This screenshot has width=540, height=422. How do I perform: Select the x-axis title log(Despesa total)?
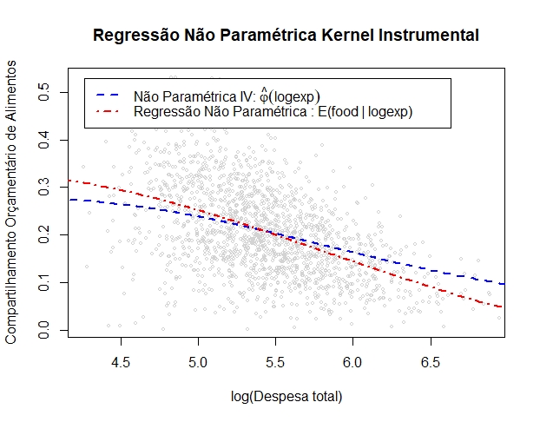286,397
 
